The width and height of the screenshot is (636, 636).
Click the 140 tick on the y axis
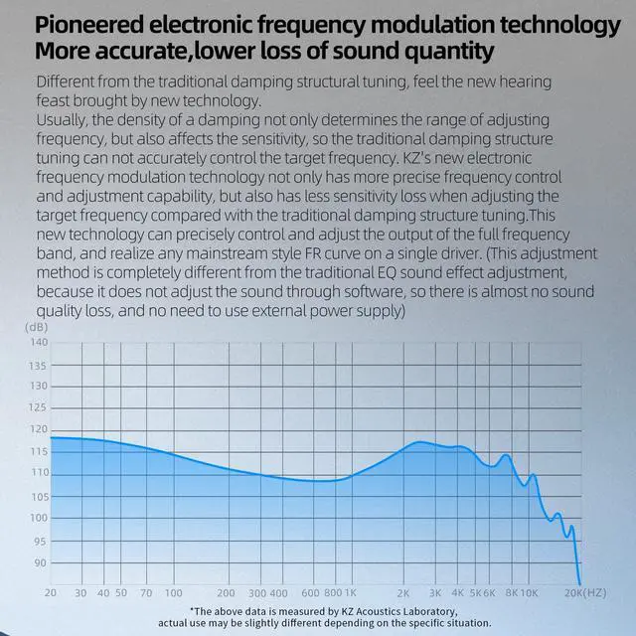pos(38,342)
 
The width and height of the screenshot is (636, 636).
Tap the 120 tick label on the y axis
pos(38,429)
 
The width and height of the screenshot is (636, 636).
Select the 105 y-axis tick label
pos(38,496)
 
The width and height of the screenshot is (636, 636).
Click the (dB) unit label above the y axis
pos(37,326)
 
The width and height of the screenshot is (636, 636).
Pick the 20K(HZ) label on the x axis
pos(585,592)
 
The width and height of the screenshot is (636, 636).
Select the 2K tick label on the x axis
pos(404,592)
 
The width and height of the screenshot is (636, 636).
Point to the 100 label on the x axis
pos(173,592)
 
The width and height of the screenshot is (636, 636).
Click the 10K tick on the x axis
pos(530,592)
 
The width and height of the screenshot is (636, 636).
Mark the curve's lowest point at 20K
pos(579,584)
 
